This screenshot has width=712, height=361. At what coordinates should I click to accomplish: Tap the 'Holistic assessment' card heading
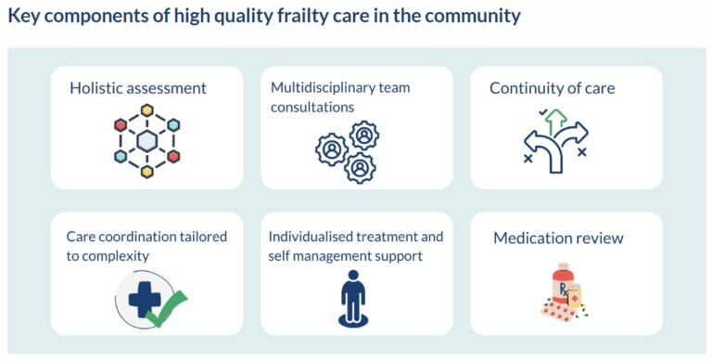click(x=137, y=89)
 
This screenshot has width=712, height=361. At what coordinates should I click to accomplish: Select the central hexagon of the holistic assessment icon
click(x=146, y=141)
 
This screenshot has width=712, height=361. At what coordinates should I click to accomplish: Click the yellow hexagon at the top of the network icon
click(x=146, y=110)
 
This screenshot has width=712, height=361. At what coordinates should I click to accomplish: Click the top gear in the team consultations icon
click(x=362, y=135)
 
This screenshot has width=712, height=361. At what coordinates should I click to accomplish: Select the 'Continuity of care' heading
click(x=552, y=89)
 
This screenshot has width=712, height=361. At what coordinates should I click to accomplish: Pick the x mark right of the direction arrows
click(x=582, y=151)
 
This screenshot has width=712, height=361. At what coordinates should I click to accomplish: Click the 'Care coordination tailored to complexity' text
click(x=146, y=246)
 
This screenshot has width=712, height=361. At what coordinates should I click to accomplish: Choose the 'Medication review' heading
click(x=558, y=239)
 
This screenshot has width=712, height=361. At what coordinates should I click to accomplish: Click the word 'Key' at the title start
click(x=24, y=16)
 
